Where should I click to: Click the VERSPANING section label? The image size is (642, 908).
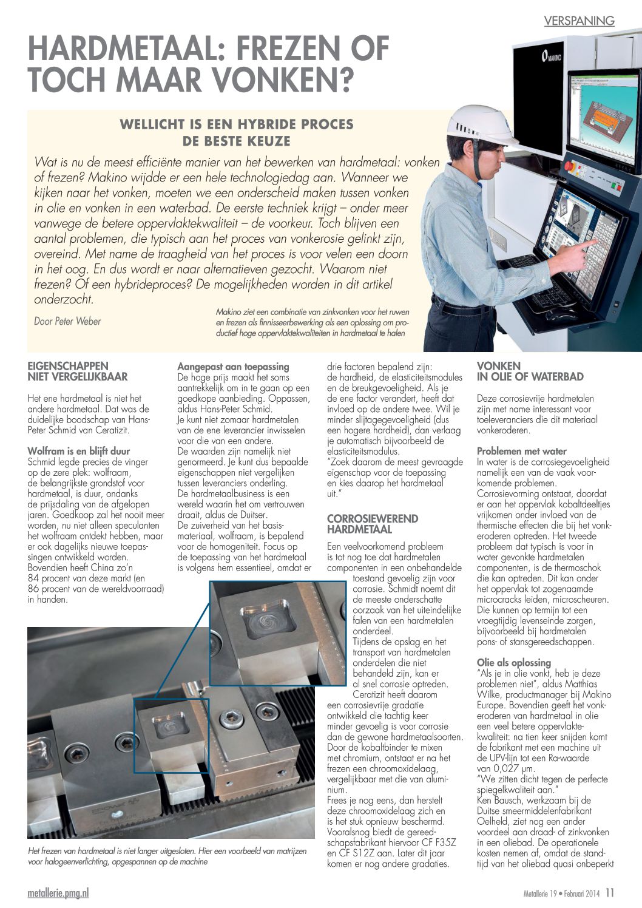579,21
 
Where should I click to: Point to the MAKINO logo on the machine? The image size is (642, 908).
551,57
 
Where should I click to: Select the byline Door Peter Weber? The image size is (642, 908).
67,321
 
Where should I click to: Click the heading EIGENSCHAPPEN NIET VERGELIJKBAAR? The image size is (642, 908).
78,371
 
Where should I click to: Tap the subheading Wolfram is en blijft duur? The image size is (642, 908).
79,451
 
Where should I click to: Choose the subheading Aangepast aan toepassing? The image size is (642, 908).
233,367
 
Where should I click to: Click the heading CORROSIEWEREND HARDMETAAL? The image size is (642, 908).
372,524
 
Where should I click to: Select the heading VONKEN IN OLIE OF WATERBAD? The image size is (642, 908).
530,371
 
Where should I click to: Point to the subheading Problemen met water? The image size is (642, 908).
521,451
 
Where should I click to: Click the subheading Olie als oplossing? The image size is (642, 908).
513,663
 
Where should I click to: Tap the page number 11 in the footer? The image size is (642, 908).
609,893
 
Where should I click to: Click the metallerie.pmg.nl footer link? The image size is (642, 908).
58,893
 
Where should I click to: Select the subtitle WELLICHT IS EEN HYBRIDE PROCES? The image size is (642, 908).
237,124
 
